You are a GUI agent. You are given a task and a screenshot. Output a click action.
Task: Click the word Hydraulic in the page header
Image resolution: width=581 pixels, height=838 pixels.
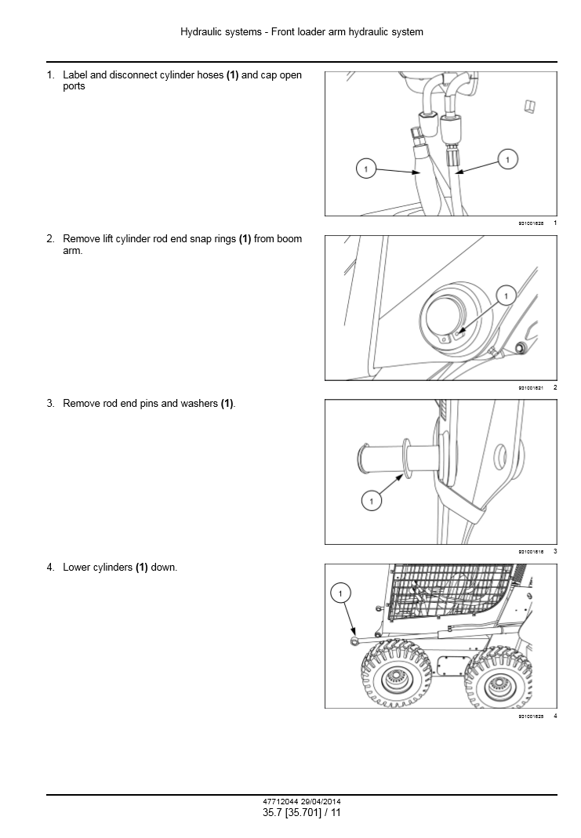(x=201, y=32)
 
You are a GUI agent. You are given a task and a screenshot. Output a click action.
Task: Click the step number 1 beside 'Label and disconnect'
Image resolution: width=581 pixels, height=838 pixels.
(x=49, y=75)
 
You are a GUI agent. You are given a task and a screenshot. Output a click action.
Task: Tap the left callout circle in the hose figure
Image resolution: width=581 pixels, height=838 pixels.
(x=365, y=167)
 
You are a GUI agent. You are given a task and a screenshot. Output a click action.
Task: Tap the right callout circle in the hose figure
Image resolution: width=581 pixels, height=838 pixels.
(x=507, y=160)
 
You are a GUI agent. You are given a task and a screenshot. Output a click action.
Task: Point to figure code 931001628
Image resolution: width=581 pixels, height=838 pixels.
(x=531, y=223)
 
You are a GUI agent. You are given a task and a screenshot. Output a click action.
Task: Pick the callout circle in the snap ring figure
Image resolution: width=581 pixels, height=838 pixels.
(x=506, y=296)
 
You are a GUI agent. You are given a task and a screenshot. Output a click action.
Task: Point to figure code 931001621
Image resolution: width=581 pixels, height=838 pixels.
(x=531, y=388)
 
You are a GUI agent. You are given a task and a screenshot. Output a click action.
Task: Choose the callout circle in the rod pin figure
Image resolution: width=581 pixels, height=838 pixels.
(x=371, y=499)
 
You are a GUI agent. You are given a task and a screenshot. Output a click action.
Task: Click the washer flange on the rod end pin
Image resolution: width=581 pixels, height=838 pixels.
(x=406, y=458)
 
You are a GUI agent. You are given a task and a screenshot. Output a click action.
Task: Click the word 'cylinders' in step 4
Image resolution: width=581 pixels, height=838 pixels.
(x=111, y=568)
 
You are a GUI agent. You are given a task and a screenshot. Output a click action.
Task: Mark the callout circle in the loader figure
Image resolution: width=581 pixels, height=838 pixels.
(x=341, y=594)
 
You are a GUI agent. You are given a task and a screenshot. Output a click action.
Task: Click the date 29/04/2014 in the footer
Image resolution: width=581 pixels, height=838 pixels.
(x=319, y=802)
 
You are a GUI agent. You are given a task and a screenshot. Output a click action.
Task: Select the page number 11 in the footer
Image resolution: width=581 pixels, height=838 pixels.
(x=336, y=813)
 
